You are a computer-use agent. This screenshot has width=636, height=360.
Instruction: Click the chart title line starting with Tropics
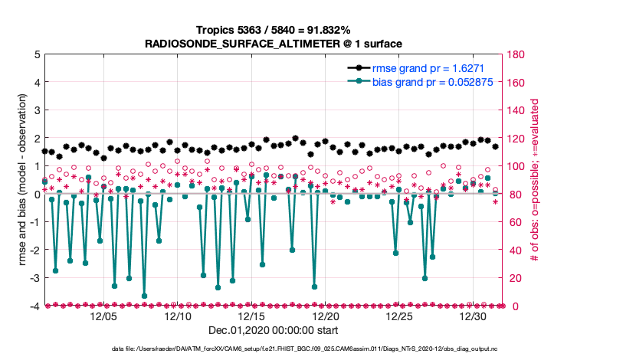tap(274, 30)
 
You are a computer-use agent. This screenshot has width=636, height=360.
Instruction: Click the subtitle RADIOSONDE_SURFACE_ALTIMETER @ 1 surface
tap(274, 44)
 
